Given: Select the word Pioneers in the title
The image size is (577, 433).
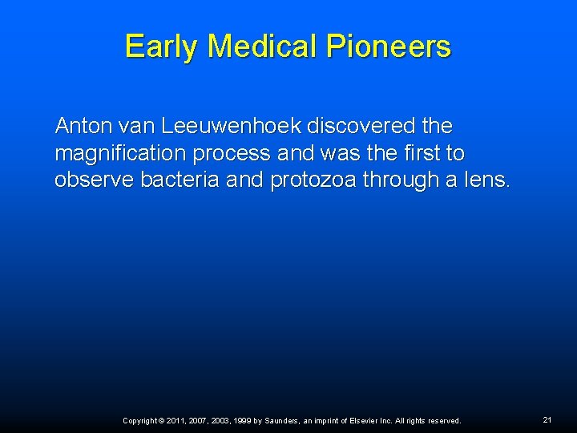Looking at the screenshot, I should (390, 46).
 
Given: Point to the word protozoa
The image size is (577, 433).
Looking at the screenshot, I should (313, 180).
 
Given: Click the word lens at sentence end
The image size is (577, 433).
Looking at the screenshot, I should (486, 180).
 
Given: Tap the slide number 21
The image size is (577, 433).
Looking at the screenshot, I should (547, 419).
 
